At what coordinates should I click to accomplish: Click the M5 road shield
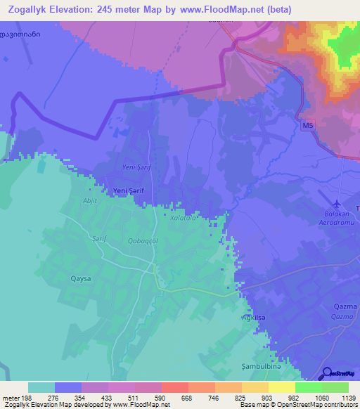coord(306,126)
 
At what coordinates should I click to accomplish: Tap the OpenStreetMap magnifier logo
coord(326,374)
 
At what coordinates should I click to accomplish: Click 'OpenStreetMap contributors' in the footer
coord(313,405)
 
